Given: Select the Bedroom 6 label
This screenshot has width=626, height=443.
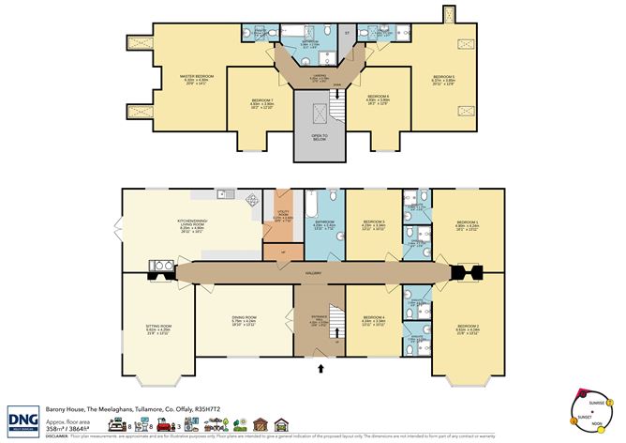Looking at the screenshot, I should coord(379,97).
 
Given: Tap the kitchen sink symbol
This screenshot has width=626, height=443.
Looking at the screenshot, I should coord(224,194).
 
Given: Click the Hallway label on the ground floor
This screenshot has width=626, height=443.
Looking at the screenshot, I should coord(313,273).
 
